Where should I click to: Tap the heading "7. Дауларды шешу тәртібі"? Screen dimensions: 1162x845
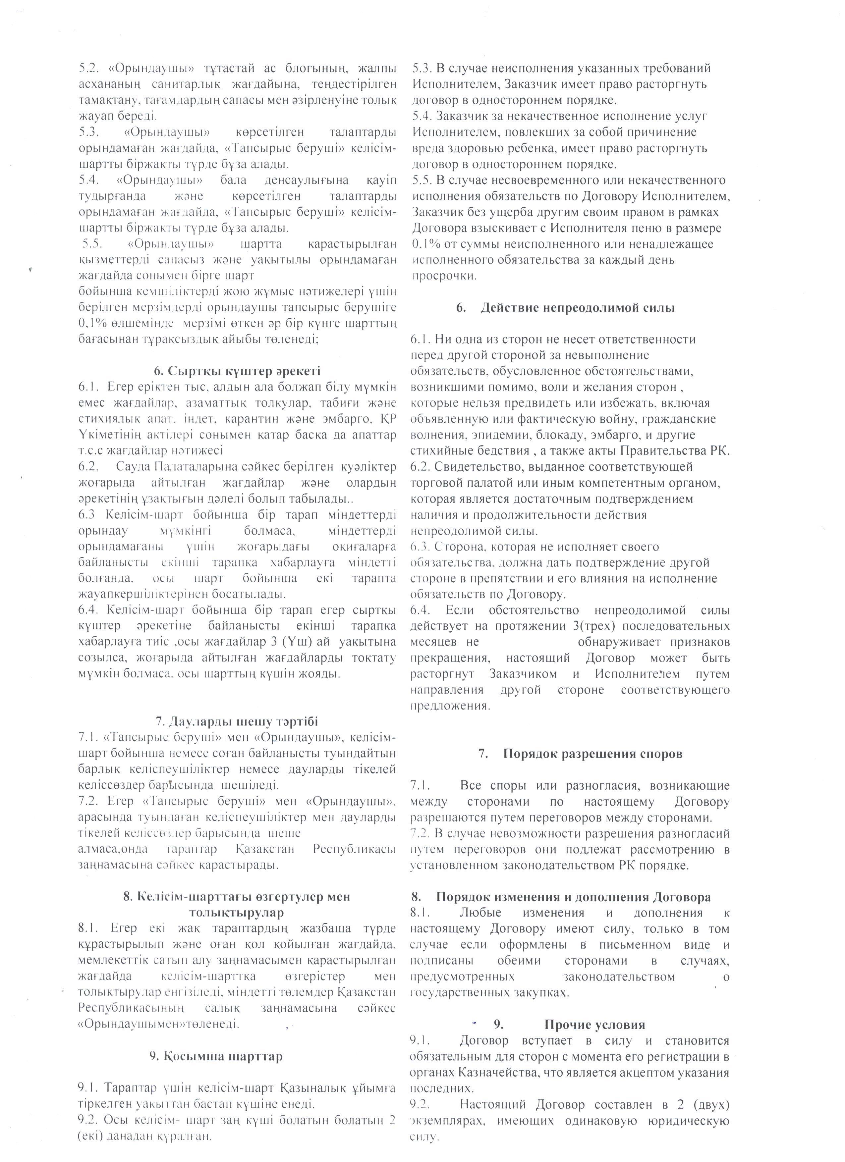pos(237,721)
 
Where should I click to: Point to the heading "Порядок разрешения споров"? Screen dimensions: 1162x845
pos(592,754)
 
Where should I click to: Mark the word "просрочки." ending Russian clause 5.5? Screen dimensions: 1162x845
pos(444,276)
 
